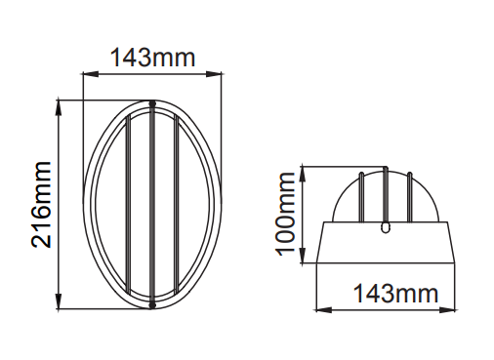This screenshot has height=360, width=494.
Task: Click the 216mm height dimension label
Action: (x=41, y=205)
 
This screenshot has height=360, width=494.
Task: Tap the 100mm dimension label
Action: (x=285, y=215)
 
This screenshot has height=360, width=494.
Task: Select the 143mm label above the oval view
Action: (x=152, y=58)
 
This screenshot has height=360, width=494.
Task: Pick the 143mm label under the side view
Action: (x=395, y=294)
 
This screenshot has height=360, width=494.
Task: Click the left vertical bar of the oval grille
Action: (x=128, y=205)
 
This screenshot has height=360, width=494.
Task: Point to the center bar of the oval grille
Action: (x=152, y=204)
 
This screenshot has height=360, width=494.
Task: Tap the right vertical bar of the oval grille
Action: (x=176, y=205)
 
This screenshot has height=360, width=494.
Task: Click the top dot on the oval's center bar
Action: (x=152, y=104)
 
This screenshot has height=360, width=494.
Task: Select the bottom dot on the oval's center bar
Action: (x=152, y=304)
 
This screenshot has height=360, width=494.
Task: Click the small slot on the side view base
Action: (x=385, y=227)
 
